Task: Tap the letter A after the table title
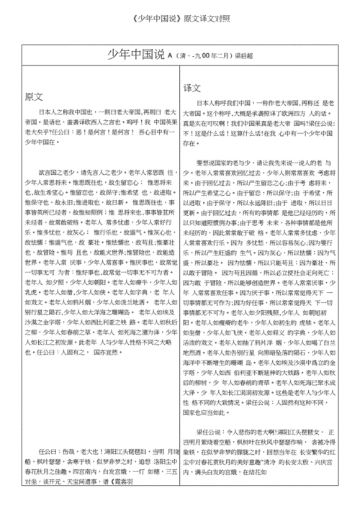[x=171, y=55]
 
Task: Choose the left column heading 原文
[x=34, y=96]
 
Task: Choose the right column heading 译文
[x=192, y=87]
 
